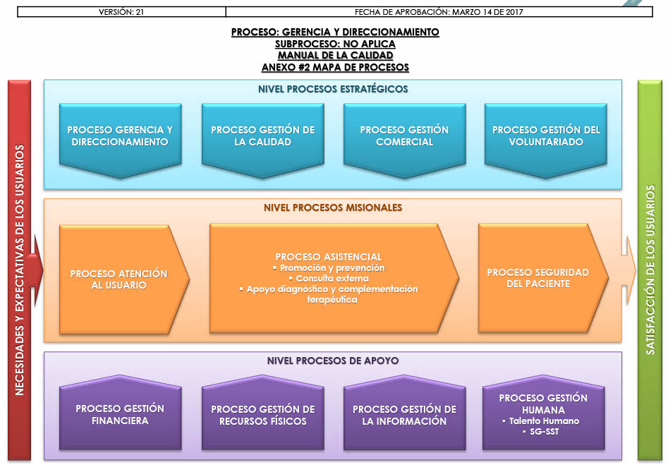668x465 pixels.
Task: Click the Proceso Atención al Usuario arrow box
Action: coord(119,279)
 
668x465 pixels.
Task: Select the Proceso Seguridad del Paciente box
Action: coord(538,278)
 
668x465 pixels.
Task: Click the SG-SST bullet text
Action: coord(544,432)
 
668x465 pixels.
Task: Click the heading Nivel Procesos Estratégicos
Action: coord(333,89)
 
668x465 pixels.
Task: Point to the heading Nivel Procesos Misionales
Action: coord(333,208)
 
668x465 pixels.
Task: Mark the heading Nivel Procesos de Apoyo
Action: coord(333,361)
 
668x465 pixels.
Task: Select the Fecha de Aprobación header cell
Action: coord(439,12)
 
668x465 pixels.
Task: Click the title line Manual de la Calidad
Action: coord(335,56)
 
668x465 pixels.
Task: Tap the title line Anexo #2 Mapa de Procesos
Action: coord(335,68)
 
